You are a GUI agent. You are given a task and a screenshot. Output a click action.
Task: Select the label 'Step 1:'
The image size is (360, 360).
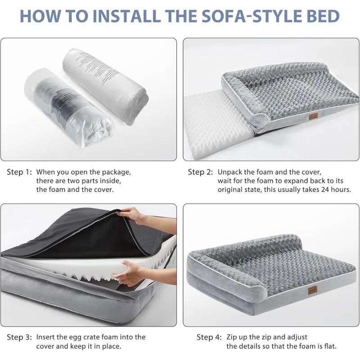19,172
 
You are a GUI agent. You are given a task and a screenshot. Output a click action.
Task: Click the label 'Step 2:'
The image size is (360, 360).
201,172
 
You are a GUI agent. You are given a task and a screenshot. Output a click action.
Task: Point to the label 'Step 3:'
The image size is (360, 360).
19,337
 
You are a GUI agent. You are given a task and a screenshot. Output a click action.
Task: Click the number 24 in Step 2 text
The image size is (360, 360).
308,189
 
